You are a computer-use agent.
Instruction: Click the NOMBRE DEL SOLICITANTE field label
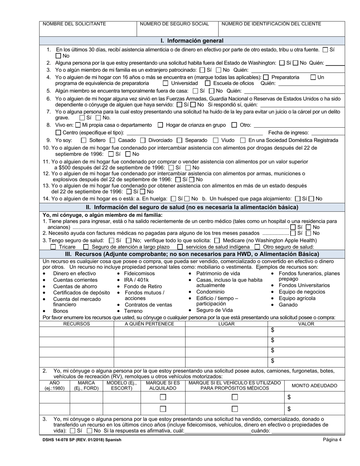74,24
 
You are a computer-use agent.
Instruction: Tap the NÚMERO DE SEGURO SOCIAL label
174,24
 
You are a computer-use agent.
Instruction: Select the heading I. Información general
192,41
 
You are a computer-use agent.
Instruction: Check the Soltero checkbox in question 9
84,140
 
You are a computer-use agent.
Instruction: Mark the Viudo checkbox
216,140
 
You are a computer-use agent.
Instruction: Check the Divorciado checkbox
143,140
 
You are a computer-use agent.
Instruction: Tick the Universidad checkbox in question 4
166,83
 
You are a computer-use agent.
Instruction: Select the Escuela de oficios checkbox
208,83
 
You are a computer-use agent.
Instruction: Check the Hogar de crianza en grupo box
160,125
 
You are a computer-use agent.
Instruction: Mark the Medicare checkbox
217,240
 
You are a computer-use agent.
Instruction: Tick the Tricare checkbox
53,247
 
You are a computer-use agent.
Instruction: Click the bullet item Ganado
288,305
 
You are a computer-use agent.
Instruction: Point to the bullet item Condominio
210,292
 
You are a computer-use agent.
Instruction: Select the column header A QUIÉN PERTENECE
149,324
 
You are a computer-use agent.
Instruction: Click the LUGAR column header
226,324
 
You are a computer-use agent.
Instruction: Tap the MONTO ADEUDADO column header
314,386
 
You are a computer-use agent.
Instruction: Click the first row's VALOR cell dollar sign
272,330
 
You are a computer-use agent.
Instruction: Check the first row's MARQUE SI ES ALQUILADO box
163,397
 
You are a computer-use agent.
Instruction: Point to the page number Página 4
332,440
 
